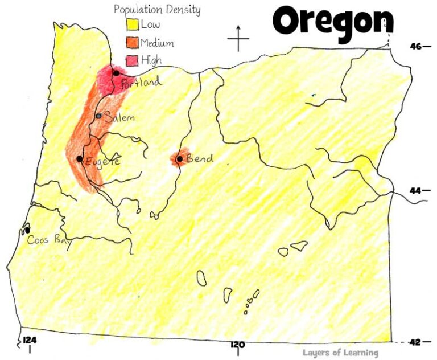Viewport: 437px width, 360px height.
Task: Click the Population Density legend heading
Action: point(157,10)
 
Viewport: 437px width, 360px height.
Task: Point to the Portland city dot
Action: point(116,73)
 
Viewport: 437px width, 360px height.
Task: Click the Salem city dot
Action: point(99,116)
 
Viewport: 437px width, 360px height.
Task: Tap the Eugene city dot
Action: point(80,158)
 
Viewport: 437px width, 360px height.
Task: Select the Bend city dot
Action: point(179,159)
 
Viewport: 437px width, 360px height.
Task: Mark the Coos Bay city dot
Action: point(27,230)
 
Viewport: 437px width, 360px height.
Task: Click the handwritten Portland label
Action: point(142,83)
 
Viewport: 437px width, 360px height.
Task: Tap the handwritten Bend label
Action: point(200,158)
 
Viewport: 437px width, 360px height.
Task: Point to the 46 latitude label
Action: point(416,46)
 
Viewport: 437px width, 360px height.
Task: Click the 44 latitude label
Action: point(416,190)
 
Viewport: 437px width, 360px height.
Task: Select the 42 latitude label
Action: point(415,342)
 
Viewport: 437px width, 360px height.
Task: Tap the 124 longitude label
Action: point(30,340)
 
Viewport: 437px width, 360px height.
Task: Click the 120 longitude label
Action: point(237,345)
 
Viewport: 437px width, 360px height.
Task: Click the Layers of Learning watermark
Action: point(340,353)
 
